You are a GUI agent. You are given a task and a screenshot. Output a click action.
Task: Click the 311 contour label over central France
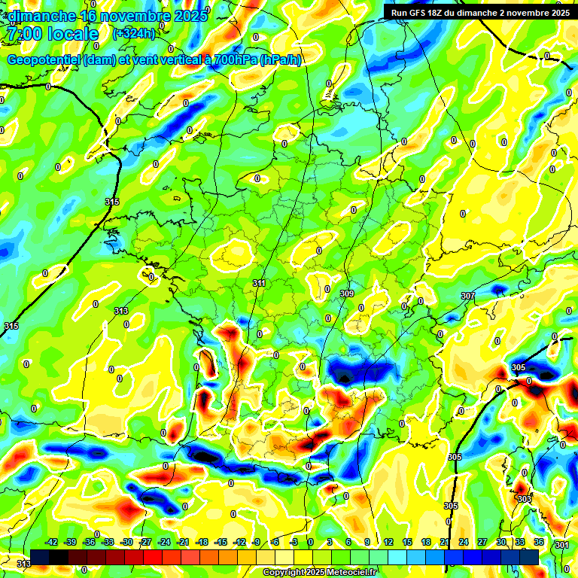[x=259, y=284]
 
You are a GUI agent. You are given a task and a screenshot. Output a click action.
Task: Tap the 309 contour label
[x=347, y=294]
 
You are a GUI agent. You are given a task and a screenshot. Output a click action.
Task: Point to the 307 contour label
[x=468, y=297]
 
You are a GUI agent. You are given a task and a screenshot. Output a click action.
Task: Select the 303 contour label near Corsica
[x=524, y=499]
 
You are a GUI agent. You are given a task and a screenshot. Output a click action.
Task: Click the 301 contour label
[x=561, y=544]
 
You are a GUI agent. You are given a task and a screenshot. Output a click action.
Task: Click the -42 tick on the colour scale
[x=52, y=542]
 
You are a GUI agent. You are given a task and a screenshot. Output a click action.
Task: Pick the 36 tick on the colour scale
[x=539, y=542]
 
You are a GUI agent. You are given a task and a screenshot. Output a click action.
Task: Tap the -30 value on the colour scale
[x=126, y=542]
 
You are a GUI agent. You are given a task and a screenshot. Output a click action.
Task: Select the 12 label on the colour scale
[x=388, y=542]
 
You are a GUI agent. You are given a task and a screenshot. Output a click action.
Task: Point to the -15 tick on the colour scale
[x=221, y=542]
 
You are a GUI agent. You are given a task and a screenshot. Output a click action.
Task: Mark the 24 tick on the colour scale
[x=464, y=542]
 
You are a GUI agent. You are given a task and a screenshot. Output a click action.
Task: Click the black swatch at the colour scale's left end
[x=41, y=557]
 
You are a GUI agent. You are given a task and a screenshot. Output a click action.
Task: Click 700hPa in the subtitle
[x=234, y=60]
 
